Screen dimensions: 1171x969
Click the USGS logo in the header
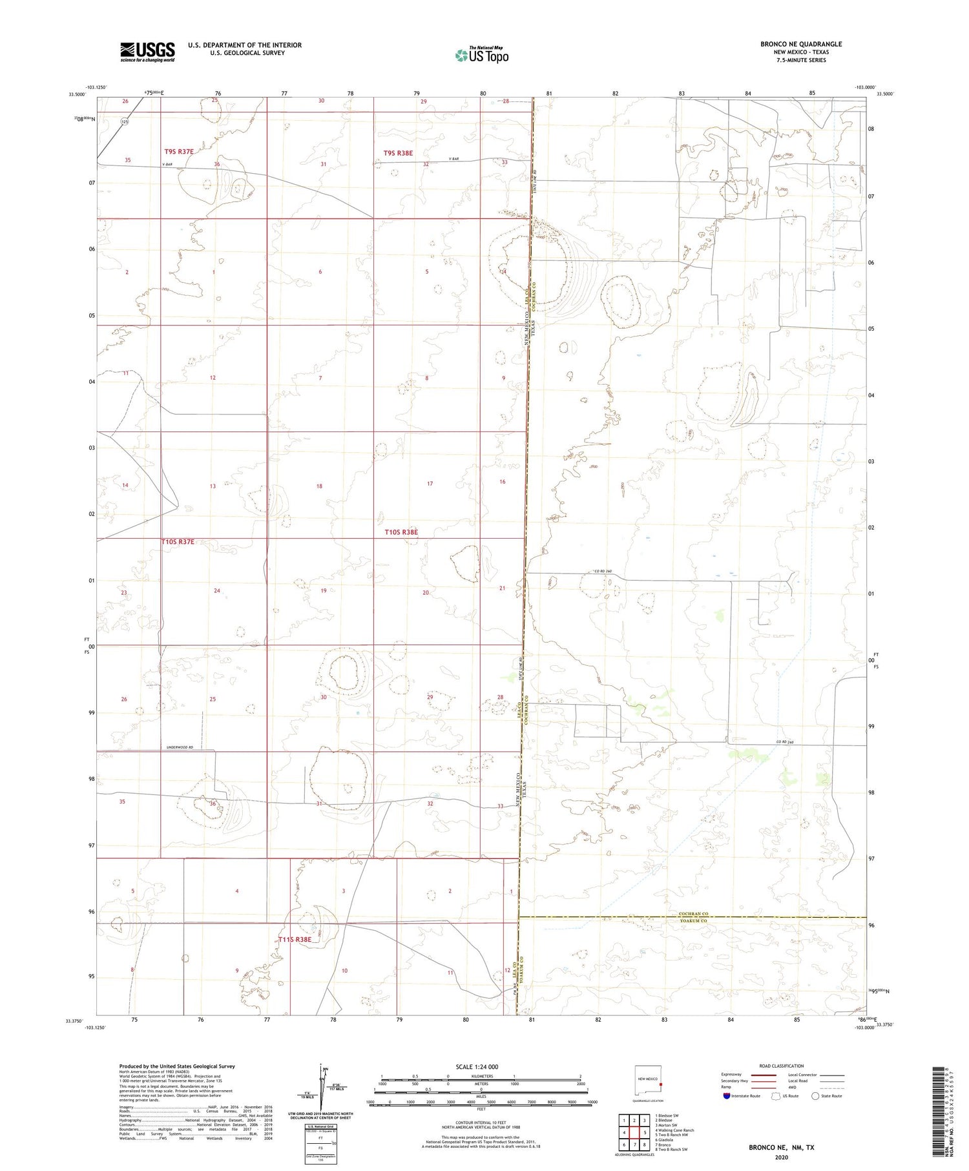click(x=147, y=52)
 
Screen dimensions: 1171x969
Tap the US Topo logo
click(x=482, y=56)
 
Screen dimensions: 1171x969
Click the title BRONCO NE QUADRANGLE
click(x=801, y=44)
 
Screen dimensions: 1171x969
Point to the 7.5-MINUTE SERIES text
click(x=801, y=60)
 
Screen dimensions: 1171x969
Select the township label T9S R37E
click(x=179, y=151)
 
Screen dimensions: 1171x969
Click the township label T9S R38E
click(x=398, y=153)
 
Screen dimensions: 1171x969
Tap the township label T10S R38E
click(x=401, y=532)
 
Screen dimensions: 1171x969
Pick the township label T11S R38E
click(x=295, y=940)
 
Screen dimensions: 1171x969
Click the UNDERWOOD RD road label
click(x=180, y=747)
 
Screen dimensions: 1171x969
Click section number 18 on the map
click(x=319, y=486)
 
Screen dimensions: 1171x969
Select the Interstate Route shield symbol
click(x=726, y=1096)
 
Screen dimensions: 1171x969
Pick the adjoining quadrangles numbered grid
click(x=634, y=1132)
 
